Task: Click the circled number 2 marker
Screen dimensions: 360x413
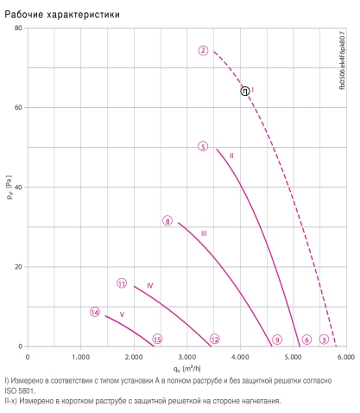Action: (x=203, y=50)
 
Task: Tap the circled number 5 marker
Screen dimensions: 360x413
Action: (x=203, y=146)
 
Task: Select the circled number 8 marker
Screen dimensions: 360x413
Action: (x=167, y=221)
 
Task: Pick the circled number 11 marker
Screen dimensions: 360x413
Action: (x=122, y=283)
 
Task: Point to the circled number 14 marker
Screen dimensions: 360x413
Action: (x=95, y=312)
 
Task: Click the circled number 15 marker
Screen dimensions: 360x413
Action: (x=157, y=340)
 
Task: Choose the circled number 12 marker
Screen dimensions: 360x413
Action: (x=215, y=340)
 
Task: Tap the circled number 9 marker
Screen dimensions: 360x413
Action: (x=277, y=340)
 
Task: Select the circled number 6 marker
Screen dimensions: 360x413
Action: (x=306, y=340)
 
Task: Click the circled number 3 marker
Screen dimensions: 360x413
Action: (x=324, y=340)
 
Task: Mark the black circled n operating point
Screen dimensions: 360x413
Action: (x=245, y=91)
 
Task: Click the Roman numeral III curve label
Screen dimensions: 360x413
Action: (x=204, y=233)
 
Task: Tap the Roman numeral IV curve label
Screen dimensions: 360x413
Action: (x=150, y=285)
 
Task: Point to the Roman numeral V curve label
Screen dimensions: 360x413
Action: (x=122, y=315)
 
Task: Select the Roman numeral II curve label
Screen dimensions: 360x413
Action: (x=231, y=156)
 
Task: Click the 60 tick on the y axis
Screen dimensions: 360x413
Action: (x=18, y=107)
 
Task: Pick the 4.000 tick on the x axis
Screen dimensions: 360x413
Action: (x=240, y=357)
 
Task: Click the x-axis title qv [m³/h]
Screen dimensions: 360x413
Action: (x=186, y=368)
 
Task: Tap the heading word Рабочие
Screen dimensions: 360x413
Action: (x=24, y=14)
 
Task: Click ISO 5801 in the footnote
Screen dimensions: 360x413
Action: (x=20, y=391)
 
